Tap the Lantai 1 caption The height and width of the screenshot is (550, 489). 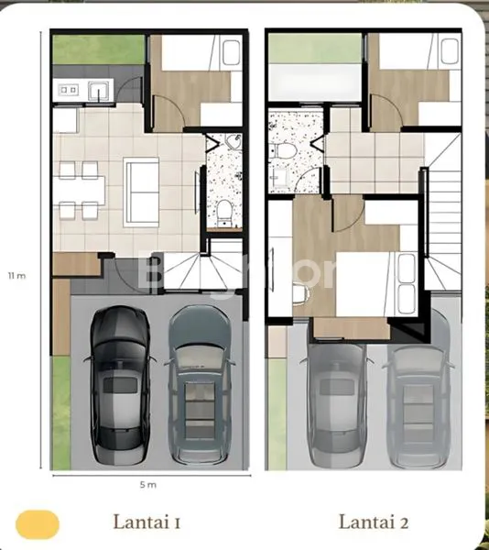coord(146,523)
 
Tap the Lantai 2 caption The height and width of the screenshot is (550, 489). coord(372,523)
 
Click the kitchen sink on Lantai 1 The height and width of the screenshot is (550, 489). coord(98,90)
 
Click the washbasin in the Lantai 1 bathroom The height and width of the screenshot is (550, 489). coord(231,142)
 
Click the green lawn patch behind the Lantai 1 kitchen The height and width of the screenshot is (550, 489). coord(96,49)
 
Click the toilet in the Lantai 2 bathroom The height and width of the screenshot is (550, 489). coord(285,150)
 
